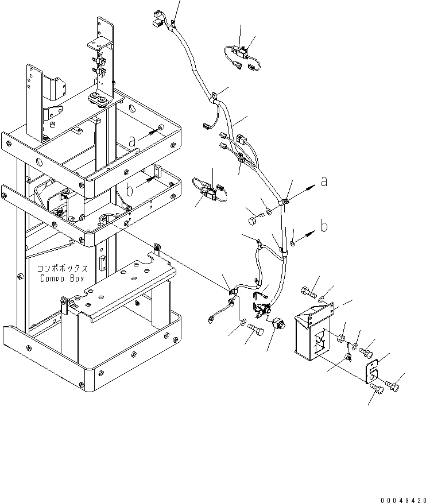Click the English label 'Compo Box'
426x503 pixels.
coord(62,278)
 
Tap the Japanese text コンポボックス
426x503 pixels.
coord(62,268)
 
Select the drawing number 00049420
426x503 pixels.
coord(403,500)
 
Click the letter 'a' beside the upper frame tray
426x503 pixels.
coord(132,141)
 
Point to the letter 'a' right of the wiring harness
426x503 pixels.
coord(324,181)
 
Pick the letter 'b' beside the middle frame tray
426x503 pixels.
coord(129,190)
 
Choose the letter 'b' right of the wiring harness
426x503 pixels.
coord(324,226)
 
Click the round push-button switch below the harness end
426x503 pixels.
coord(277,323)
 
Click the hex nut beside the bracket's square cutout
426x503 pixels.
coord(341,338)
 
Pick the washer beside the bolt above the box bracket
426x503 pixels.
coord(322,300)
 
